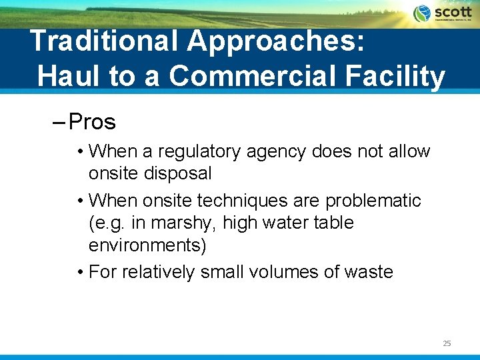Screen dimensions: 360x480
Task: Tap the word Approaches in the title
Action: [276, 41]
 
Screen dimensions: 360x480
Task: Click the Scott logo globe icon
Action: [422, 13]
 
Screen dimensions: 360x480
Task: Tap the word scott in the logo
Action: [453, 12]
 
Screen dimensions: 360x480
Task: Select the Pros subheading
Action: [92, 122]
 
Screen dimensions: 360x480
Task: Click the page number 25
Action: [447, 343]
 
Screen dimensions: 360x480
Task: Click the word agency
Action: [275, 152]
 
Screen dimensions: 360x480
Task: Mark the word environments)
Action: [147, 245]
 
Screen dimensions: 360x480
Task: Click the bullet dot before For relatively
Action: [80, 272]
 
